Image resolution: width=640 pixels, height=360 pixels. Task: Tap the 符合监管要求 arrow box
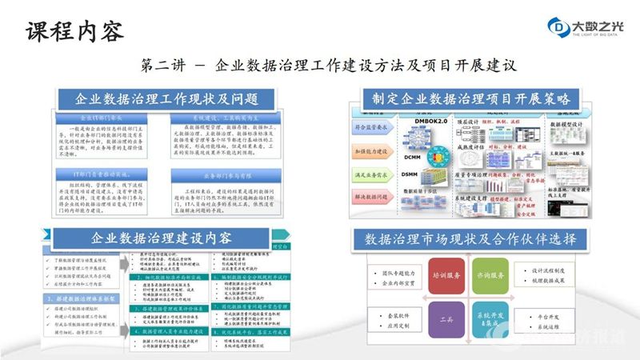373,126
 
